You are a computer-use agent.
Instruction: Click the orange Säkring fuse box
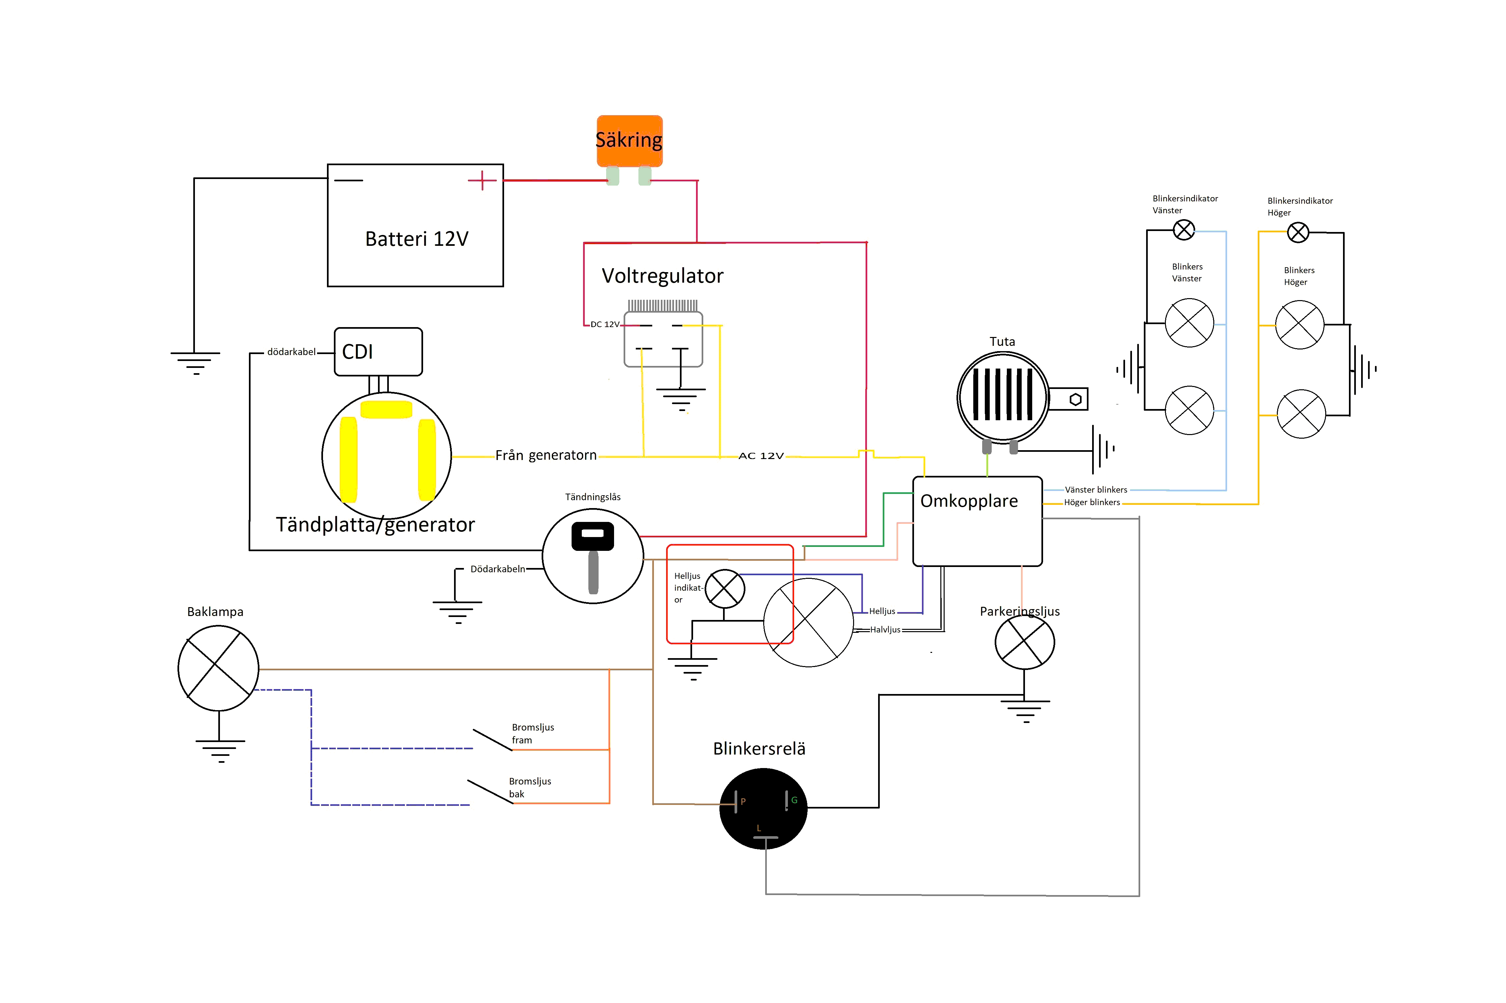point(629,141)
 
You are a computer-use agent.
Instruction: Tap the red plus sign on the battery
point(482,180)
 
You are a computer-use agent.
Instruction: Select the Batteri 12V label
point(417,239)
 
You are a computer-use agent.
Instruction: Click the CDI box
point(378,352)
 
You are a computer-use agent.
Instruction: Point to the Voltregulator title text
point(662,276)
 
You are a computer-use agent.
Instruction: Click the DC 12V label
point(605,324)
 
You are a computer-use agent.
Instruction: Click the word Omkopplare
point(969,501)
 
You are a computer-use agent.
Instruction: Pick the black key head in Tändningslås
point(593,536)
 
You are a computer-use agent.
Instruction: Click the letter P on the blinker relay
point(743,802)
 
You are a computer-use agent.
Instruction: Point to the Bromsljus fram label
point(532,733)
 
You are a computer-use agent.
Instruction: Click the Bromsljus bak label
point(530,787)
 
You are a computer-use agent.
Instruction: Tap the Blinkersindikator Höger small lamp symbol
point(1298,232)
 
